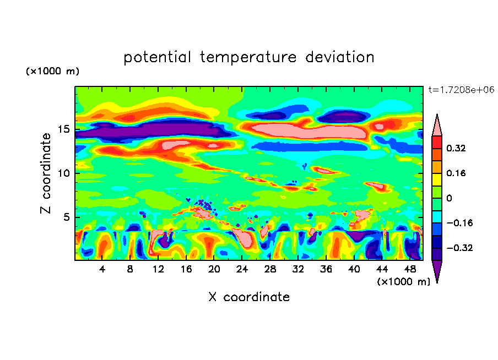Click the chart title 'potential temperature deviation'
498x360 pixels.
pyautogui.click(x=248, y=57)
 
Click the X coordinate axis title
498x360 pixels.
pyautogui.click(x=249, y=297)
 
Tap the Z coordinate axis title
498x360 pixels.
pyautogui.click(x=46, y=173)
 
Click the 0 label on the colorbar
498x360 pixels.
pyautogui.click(x=448, y=198)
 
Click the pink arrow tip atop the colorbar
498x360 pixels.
pyautogui.click(x=437, y=124)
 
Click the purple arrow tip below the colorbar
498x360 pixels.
pyautogui.click(x=437, y=272)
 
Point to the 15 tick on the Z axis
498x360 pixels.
pyautogui.click(x=66, y=130)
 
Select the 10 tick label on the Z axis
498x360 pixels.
pyautogui.click(x=66, y=173)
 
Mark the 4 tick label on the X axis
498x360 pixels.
pyautogui.click(x=102, y=269)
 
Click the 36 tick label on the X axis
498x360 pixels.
pyautogui.click(x=325, y=269)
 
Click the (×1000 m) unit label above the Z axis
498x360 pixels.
pyautogui.click(x=52, y=72)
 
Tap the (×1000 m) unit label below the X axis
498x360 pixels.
pyautogui.click(x=403, y=281)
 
